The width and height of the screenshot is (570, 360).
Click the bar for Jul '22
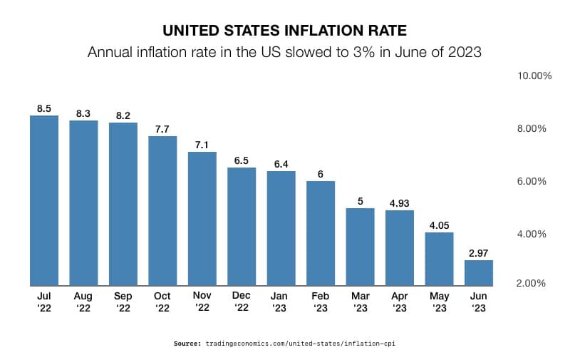(x=44, y=200)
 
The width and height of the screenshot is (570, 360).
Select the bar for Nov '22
(x=202, y=218)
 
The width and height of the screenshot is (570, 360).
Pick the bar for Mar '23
(x=360, y=246)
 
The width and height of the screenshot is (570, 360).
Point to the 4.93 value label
(x=400, y=204)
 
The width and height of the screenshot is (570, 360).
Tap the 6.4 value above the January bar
(x=281, y=165)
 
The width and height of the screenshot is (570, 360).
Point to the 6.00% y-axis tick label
(x=532, y=181)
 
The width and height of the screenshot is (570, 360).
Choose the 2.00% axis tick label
(x=532, y=283)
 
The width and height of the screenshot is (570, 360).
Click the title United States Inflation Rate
(x=284, y=31)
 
